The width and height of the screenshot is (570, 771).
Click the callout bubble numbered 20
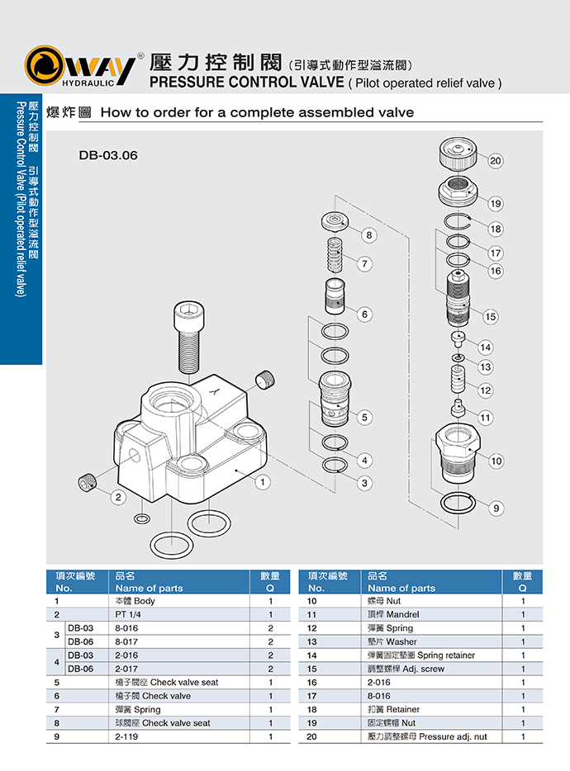pyautogui.click(x=496, y=161)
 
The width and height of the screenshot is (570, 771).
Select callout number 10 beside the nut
pyautogui.click(x=496, y=461)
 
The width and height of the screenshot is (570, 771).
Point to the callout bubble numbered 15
pyautogui.click(x=491, y=316)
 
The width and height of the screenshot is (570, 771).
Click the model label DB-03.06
pyautogui.click(x=107, y=154)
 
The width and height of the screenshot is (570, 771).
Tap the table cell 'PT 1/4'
pyautogui.click(x=131, y=615)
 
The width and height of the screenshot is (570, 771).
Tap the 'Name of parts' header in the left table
pyautogui.click(x=149, y=588)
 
